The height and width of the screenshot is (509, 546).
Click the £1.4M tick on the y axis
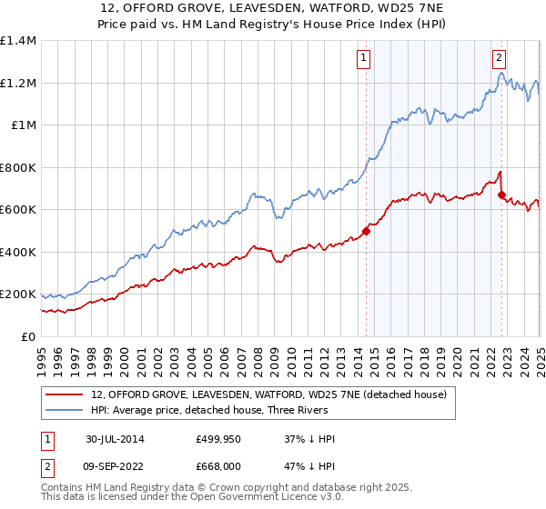(18, 41)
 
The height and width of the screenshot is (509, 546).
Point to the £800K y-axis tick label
(18, 167)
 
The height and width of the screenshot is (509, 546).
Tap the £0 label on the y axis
(28, 336)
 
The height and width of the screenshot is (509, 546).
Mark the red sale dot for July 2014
(366, 231)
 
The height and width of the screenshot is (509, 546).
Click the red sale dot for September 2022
(501, 193)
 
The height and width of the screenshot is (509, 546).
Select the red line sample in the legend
(65, 395)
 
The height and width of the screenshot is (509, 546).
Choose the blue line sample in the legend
(65, 411)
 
